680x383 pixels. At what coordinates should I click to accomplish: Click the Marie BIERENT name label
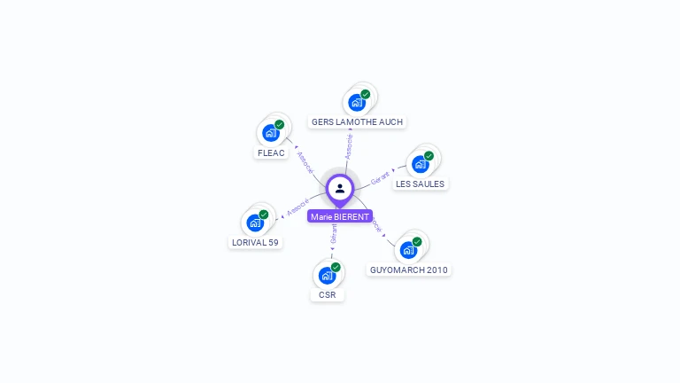point(340,216)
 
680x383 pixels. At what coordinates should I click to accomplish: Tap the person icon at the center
point(340,188)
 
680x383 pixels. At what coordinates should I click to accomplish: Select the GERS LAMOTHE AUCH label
point(358,121)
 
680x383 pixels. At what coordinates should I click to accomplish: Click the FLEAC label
point(271,152)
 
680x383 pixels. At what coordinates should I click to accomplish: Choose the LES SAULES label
point(420,184)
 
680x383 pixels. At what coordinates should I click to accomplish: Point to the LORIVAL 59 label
point(255,242)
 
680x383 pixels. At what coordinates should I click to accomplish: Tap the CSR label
point(328,294)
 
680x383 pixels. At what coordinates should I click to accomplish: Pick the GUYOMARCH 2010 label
point(409,270)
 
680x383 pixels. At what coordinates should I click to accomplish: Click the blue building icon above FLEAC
point(270,133)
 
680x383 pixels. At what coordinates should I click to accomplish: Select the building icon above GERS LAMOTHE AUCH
point(356,102)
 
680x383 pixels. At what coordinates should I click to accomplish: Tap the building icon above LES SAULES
point(420,164)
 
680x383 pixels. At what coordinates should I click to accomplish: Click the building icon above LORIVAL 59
point(255,223)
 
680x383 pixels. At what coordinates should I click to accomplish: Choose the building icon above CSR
point(327,275)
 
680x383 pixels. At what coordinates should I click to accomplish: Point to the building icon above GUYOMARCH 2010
point(408,249)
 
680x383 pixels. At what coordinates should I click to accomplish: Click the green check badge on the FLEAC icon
point(279,125)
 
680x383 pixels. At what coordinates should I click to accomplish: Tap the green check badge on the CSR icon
point(336,267)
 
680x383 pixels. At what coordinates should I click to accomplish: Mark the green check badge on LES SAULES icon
point(429,156)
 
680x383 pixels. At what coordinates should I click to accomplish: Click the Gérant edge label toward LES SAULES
point(380,176)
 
